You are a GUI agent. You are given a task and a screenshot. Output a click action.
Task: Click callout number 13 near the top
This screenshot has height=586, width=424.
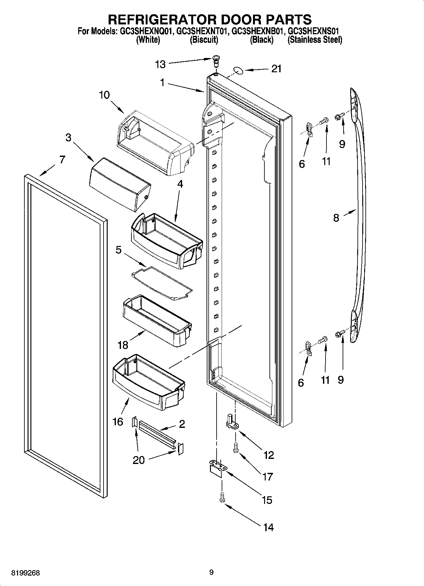click(x=160, y=65)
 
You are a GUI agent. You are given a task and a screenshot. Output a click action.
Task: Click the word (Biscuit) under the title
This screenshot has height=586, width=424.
click(x=204, y=40)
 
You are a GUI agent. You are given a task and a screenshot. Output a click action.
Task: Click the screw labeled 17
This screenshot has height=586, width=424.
click(x=235, y=448)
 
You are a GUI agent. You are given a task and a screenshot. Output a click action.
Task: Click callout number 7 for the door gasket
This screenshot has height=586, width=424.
click(x=62, y=159)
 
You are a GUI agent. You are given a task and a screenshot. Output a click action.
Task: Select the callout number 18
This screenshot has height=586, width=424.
click(x=123, y=345)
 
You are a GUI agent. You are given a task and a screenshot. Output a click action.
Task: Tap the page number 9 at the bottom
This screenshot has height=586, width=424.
click(x=212, y=572)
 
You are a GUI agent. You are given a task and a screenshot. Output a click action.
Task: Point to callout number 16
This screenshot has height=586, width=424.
click(x=118, y=422)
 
